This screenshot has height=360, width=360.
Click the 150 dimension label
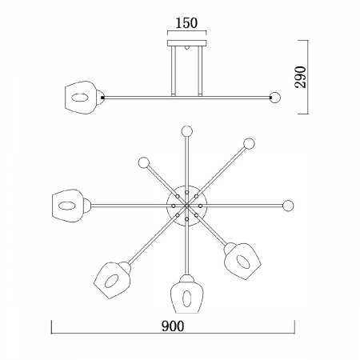[x=186, y=23]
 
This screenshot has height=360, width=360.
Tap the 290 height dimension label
[x=301, y=77]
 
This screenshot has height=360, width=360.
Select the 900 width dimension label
[x=173, y=326]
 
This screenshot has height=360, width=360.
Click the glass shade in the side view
[x=82, y=98]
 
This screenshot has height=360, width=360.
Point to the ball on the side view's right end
[x=275, y=98]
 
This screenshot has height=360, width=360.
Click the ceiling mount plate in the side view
[x=187, y=43]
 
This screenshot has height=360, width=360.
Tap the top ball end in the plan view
[x=186, y=131]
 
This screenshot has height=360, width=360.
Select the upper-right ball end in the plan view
[x=249, y=144]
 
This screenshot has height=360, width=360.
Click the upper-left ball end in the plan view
[x=144, y=162]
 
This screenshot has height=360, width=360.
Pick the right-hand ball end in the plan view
[x=288, y=206]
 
